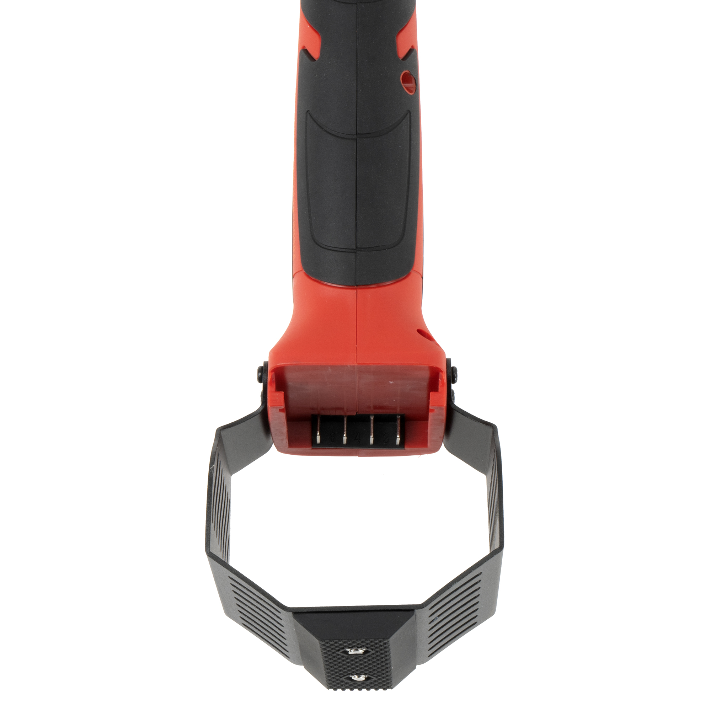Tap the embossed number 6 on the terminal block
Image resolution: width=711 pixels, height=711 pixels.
[333, 438]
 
